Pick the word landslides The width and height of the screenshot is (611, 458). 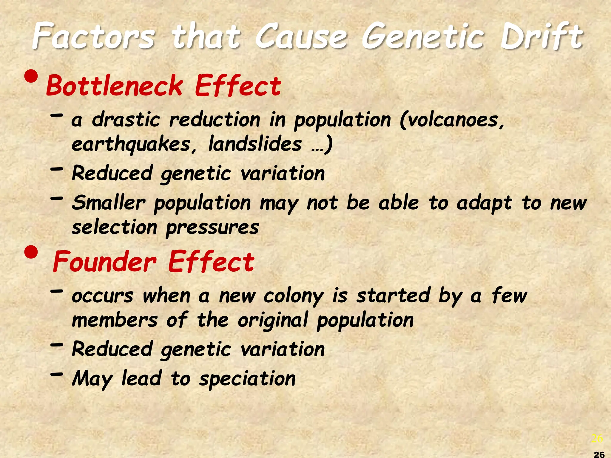255,144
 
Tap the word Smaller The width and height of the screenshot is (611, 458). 109,203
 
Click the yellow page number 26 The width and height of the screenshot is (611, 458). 597,438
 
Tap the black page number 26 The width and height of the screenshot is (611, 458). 599,454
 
